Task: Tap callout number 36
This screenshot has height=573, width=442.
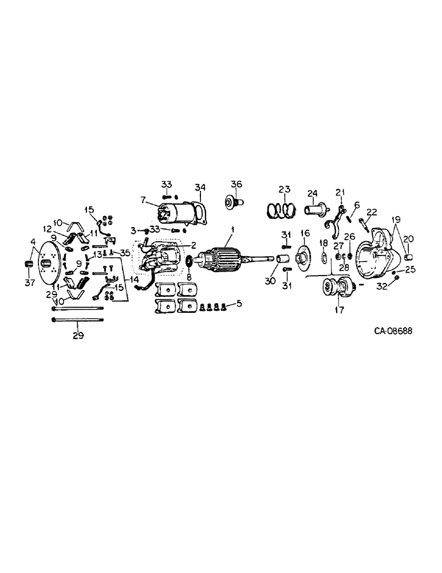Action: (237, 184)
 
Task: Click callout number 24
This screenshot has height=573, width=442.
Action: (312, 192)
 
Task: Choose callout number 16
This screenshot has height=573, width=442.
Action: (305, 233)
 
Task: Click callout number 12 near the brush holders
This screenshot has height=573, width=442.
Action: (46, 229)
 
